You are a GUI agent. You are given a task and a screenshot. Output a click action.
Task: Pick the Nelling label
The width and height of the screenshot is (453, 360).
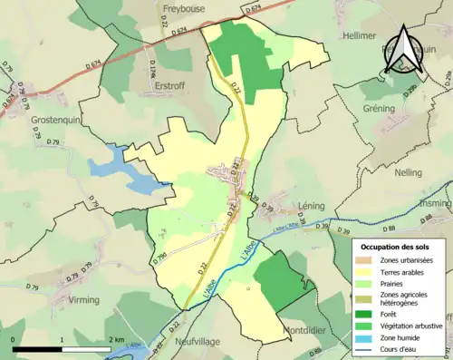coord(410,171)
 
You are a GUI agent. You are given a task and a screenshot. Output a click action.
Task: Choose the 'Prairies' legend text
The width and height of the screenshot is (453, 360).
coord(397,282)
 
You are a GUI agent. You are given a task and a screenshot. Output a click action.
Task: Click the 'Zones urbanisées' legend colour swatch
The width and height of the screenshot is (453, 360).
coord(368,260)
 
